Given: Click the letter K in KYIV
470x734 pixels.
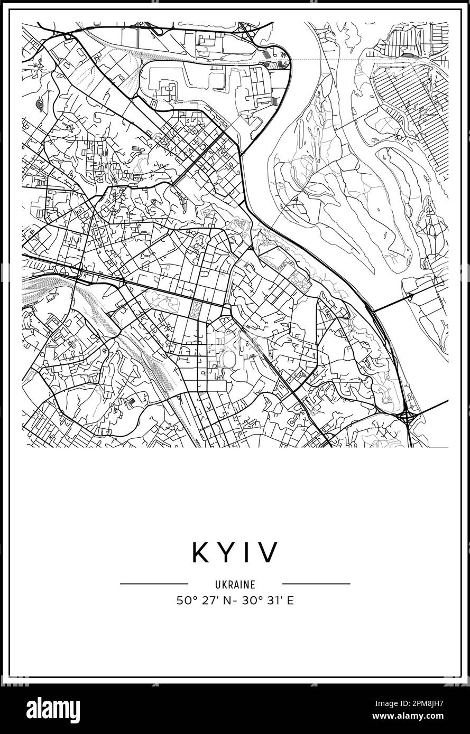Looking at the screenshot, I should [202, 552].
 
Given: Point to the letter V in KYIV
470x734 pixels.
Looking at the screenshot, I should [268, 552].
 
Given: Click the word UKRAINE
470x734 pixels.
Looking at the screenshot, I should [235, 585].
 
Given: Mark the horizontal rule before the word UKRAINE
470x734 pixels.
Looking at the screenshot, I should [154, 584].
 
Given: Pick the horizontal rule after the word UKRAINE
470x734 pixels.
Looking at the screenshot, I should [316, 584].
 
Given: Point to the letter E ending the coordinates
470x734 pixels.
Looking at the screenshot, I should [290, 600].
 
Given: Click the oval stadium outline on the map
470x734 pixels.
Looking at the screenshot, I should [229, 359].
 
